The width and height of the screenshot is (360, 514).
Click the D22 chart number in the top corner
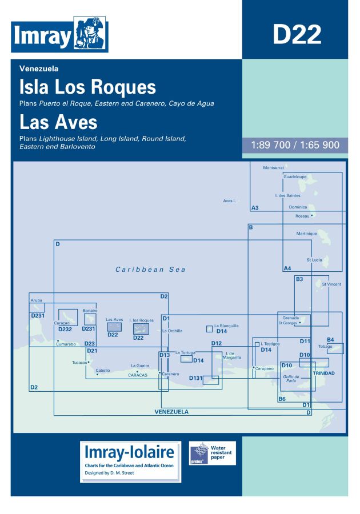[x=296, y=34]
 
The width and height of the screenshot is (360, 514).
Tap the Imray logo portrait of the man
[x=90, y=35]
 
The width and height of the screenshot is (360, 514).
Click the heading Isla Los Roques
[x=87, y=87]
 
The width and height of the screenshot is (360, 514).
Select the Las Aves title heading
[x=58, y=122]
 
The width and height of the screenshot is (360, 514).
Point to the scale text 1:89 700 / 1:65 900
[x=295, y=145]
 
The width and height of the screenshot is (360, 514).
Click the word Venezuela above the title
[x=39, y=69]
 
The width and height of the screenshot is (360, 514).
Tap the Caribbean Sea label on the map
[x=150, y=270]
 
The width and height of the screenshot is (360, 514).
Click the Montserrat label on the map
[x=273, y=168]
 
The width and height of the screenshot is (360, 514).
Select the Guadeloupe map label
[x=295, y=177]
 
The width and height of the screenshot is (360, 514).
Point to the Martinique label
[x=306, y=234]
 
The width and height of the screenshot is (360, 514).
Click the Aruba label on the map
[x=37, y=299]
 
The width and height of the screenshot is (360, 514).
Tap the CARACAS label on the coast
[x=138, y=375]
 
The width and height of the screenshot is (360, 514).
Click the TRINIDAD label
[x=323, y=373]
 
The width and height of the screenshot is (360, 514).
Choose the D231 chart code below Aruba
[x=37, y=315]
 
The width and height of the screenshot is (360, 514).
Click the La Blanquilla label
[x=226, y=326]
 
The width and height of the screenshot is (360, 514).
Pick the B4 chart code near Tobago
[x=330, y=340]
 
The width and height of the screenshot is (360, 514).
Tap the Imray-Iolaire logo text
[x=129, y=453]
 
